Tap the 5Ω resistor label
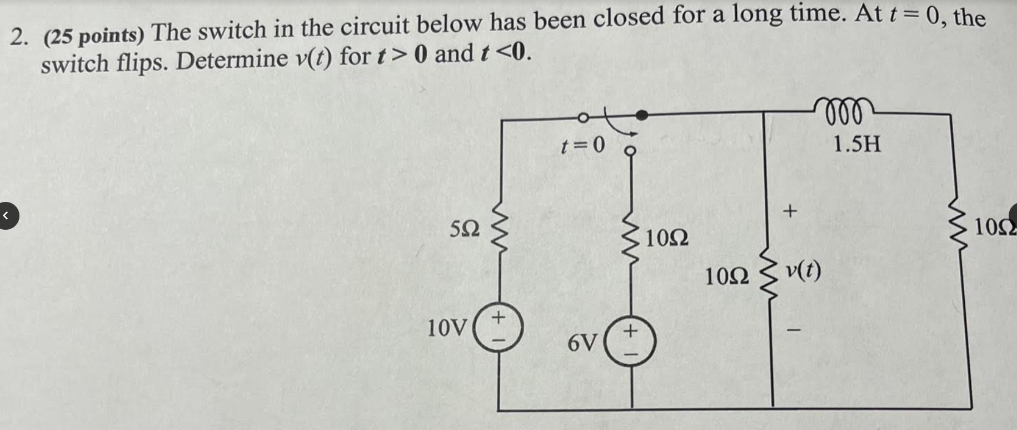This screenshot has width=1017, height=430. pos(465,229)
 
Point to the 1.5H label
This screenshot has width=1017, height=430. pos(856,145)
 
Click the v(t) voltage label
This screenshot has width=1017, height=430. pos(803,271)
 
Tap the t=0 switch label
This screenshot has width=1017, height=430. pos(582,146)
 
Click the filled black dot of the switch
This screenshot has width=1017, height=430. pos(641,115)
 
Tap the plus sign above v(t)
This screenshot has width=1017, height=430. pos(789,211)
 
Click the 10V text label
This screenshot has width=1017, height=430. pos(447,328)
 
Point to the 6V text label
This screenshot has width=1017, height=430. pos(582,343)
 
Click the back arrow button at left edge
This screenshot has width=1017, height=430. pos(6,216)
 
